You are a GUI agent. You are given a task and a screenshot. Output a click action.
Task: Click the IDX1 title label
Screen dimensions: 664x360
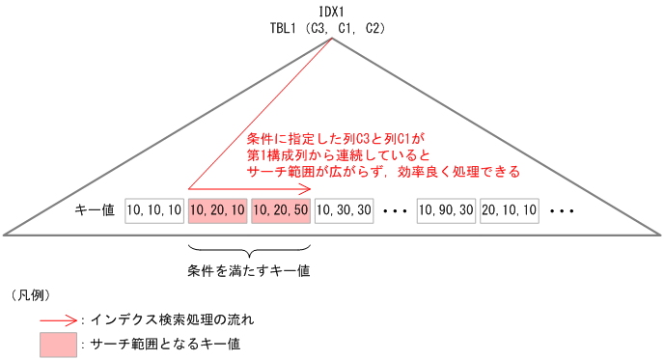[333, 12]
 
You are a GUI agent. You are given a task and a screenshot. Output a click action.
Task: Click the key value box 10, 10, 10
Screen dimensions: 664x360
[154, 209]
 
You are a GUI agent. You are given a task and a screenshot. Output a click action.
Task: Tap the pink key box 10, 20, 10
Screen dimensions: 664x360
[217, 209]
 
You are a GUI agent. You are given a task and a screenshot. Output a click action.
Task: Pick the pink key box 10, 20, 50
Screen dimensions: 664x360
[280, 209]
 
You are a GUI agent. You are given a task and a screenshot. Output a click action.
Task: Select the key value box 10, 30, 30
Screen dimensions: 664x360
[344, 209]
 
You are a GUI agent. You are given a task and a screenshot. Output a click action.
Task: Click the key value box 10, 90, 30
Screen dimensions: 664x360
[446, 209]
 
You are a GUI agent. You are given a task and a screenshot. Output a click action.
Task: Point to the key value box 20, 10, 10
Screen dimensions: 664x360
[509, 209]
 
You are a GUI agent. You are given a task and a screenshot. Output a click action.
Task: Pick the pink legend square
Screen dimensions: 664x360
[58, 343]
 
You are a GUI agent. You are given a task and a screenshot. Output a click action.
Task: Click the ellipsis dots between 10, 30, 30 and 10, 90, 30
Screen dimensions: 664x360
[396, 209]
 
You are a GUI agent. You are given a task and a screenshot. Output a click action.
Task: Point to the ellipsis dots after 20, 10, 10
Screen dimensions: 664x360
[562, 209]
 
